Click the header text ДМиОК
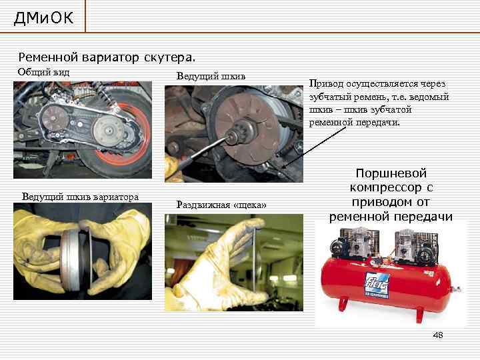(x=43, y=18)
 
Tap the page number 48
(x=438, y=335)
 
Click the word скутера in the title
(x=169, y=57)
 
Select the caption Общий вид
(x=43, y=72)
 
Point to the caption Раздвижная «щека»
(x=221, y=205)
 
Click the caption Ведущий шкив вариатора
(x=80, y=197)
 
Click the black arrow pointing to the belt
(x=315, y=147)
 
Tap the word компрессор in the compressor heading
(x=386, y=187)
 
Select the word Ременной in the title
(x=48, y=57)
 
